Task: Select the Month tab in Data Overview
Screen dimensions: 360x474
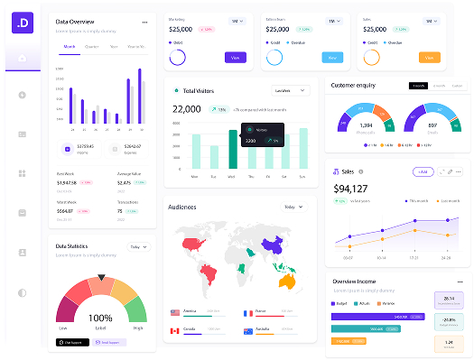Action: click(x=70, y=46)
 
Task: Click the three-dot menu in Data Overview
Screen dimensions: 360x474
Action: click(x=144, y=22)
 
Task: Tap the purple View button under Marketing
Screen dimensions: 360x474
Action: click(x=235, y=58)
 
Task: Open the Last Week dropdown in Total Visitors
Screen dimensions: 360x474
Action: click(x=287, y=90)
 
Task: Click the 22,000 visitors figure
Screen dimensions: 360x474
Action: click(x=186, y=109)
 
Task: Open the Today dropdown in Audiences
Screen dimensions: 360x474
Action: click(x=291, y=207)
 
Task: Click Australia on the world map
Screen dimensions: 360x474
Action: click(x=288, y=281)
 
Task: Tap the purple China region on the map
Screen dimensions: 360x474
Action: click(x=272, y=245)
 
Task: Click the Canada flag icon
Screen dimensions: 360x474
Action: click(x=174, y=330)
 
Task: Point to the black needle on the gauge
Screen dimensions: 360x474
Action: click(x=100, y=277)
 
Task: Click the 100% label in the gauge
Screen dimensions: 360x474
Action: click(x=100, y=318)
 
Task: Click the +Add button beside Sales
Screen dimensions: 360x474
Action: click(x=422, y=171)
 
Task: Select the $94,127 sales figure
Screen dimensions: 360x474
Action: click(x=350, y=189)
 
